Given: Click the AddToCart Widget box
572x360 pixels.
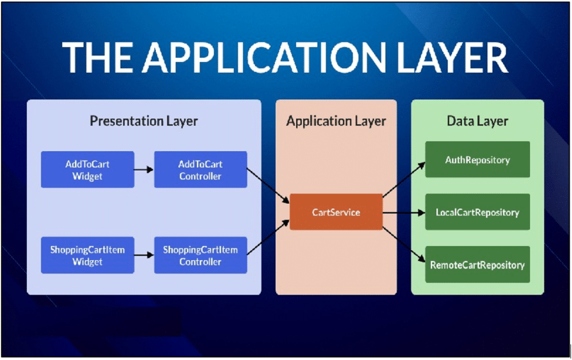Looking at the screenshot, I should [x=88, y=170].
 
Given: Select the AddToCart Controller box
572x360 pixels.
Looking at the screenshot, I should [x=201, y=170].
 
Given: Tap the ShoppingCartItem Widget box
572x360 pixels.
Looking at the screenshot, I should [x=88, y=255].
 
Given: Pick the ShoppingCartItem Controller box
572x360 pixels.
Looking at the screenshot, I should [x=201, y=255].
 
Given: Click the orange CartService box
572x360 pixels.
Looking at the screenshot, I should [x=336, y=212].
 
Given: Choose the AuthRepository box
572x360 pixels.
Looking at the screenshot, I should [x=477, y=160].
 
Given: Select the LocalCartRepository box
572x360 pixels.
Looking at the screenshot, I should [x=477, y=212].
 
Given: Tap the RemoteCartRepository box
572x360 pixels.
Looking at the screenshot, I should [x=477, y=265].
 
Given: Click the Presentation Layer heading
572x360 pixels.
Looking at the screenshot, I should [x=144, y=121].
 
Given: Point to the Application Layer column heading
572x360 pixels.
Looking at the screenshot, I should [x=336, y=121].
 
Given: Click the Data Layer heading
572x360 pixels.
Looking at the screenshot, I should [x=477, y=121].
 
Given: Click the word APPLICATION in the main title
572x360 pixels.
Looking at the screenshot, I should [x=258, y=57].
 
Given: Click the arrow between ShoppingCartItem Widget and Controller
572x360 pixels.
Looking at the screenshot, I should [x=144, y=255].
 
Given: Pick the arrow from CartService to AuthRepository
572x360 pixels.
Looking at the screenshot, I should [x=403, y=177].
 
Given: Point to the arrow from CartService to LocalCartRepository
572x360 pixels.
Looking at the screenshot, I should [x=403, y=212].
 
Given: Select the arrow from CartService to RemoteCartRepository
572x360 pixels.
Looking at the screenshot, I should [x=403, y=246].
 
